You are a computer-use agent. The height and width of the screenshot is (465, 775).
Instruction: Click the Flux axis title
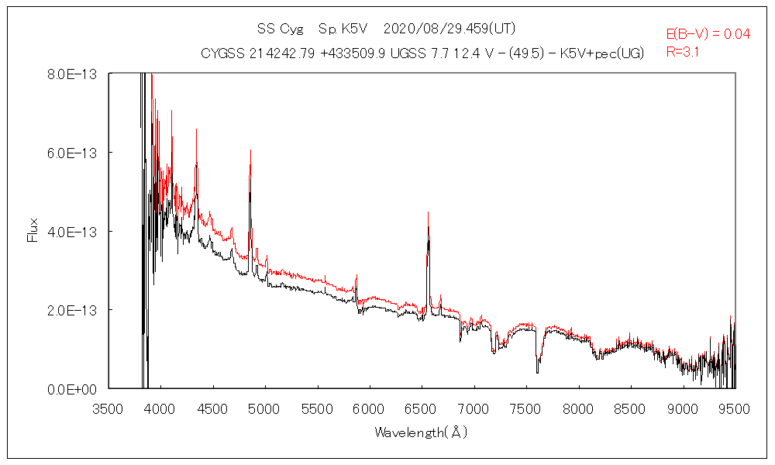click(33, 229)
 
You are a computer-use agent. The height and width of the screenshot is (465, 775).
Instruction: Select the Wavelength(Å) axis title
click(421, 432)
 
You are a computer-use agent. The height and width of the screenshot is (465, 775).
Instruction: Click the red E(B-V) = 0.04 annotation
click(708, 34)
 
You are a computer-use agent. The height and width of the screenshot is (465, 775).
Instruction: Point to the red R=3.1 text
click(683, 52)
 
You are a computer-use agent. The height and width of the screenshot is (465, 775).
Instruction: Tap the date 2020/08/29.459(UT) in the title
click(449, 29)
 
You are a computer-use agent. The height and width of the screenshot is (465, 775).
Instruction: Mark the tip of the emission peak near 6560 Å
click(428, 212)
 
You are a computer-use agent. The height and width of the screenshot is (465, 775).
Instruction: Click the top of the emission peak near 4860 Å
click(250, 150)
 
